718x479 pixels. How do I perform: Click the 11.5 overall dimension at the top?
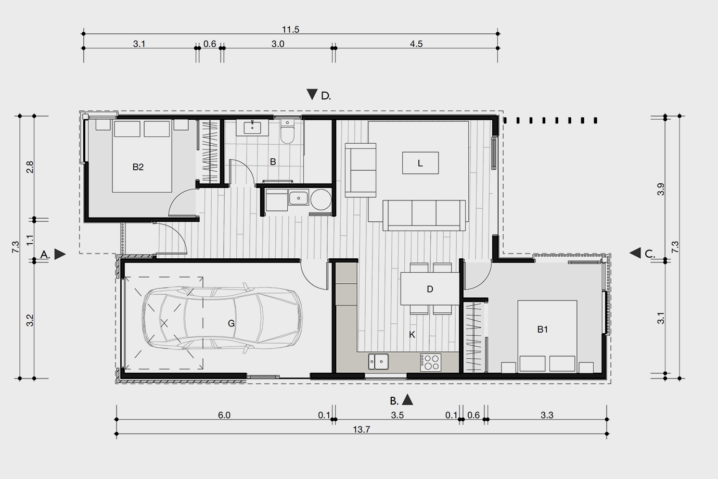click(x=290, y=30)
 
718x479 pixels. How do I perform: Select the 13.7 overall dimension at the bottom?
click(x=362, y=429)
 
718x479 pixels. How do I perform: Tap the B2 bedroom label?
click(x=138, y=167)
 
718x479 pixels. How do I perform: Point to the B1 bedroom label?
click(x=542, y=329)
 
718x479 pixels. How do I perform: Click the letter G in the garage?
click(x=231, y=323)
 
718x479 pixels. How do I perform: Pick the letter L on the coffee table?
click(x=420, y=163)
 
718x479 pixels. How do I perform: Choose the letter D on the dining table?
click(x=430, y=289)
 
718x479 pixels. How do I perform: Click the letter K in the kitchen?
click(x=412, y=335)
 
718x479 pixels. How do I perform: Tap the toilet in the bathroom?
click(x=287, y=132)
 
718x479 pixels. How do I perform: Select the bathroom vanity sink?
click(x=252, y=128)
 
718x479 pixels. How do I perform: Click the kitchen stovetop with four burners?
click(x=430, y=362)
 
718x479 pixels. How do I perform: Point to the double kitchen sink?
click(x=378, y=361)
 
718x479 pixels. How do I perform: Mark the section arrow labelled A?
click(x=60, y=254)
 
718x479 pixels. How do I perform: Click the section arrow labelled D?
click(x=312, y=94)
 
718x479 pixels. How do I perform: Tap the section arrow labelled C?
click(x=635, y=253)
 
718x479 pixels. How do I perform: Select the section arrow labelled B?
click(x=407, y=399)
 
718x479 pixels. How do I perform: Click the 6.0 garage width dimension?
click(x=224, y=415)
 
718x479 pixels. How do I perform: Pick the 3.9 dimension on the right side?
click(x=661, y=190)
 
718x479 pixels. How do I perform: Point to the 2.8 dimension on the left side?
click(x=30, y=167)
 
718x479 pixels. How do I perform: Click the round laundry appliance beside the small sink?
click(x=321, y=199)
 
